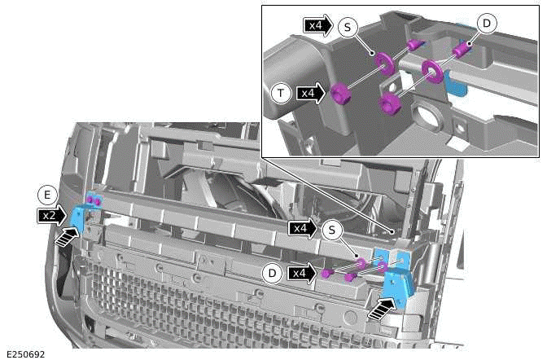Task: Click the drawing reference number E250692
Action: pos(26,354)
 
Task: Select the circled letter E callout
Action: pos(47,195)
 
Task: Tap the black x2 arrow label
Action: pos(51,216)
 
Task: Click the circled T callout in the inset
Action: pos(281,93)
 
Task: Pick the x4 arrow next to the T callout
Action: pos(311,93)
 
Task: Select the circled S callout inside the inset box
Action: pos(348,27)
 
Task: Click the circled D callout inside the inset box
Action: pos(486,24)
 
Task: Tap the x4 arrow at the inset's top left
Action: pos(318,25)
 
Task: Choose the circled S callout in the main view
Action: pos(332,230)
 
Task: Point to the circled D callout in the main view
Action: pos(273,273)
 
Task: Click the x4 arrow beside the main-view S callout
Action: pos(303,229)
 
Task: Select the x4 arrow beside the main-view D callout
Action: pos(302,273)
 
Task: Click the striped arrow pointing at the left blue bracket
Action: pos(67,236)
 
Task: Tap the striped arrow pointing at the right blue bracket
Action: pos(383,310)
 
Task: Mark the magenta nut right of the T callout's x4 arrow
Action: pos(340,93)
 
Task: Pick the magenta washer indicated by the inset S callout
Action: pos(384,64)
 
